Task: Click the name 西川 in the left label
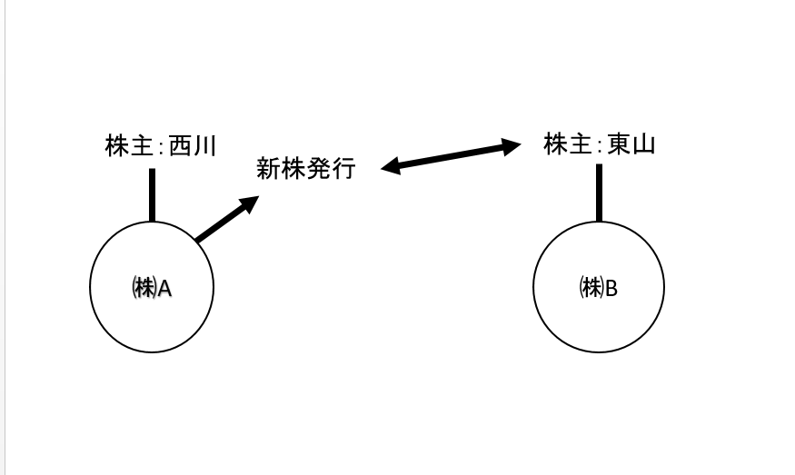193,146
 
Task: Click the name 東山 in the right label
631,144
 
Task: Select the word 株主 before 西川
128,146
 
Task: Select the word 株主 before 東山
567,144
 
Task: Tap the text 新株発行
306,169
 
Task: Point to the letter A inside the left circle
165,288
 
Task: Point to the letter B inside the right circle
611,288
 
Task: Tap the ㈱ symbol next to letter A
144,288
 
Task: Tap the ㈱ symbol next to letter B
591,288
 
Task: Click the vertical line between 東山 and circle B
599,192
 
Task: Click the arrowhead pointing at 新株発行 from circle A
250,203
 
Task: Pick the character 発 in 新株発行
318,169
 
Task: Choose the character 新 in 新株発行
268,169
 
